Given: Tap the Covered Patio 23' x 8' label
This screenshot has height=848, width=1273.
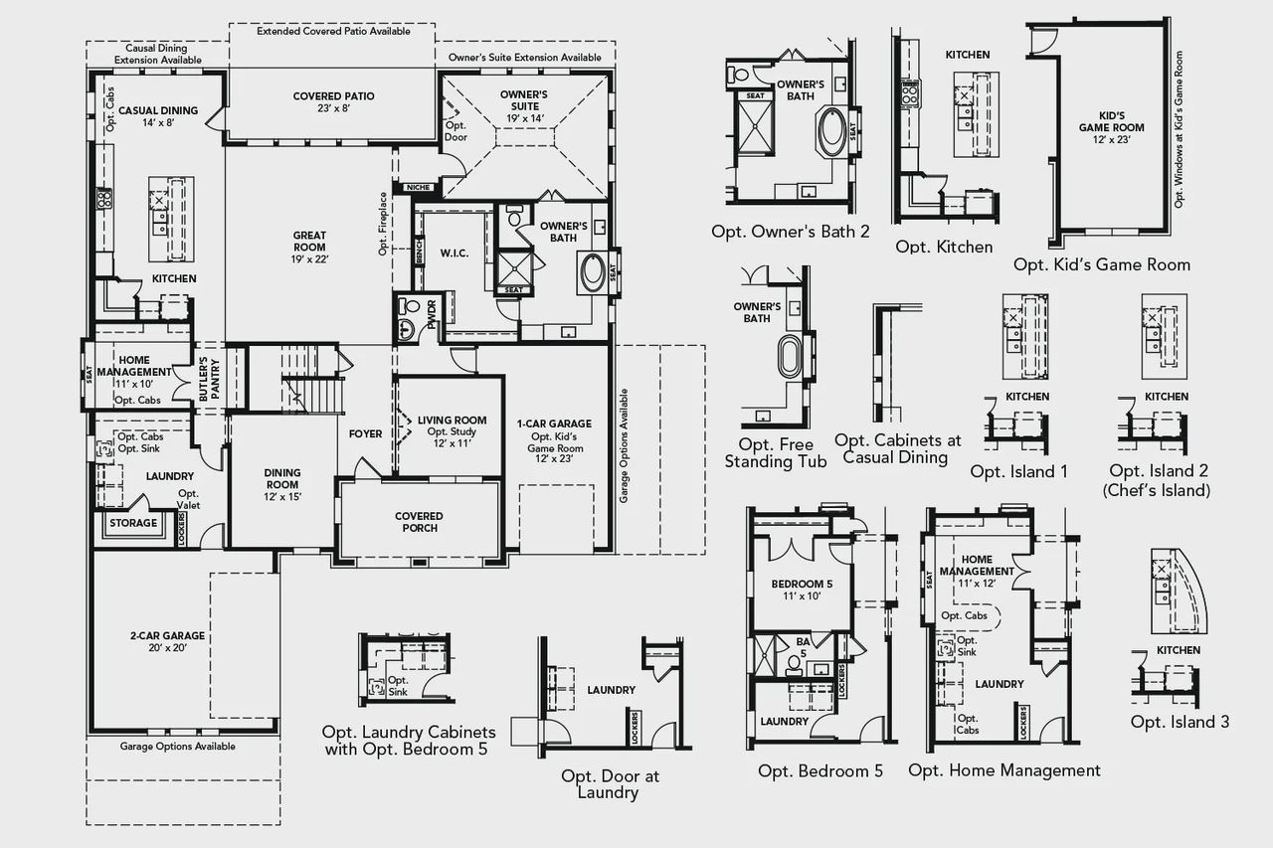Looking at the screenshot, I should pos(334,102).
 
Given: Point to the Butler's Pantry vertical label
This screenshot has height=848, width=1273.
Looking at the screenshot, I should pos(204,378).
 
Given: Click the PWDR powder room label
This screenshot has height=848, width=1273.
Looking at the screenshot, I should pos(432,315).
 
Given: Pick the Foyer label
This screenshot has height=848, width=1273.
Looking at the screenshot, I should pos(365,433).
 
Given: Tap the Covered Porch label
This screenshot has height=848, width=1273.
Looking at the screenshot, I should pos(419,522).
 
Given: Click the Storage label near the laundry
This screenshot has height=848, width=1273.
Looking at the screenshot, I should pos(133,523).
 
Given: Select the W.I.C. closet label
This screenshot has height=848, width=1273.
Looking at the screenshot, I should pos(453,252).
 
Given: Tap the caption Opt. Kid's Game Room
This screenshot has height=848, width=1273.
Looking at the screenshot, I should pos(1101,264).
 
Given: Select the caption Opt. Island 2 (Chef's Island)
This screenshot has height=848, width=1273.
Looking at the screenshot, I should pos(1159,480).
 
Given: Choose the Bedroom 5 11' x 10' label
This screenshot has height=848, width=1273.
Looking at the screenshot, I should pos(801,590).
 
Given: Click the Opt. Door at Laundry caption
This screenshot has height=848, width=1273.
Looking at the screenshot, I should pos(610,783).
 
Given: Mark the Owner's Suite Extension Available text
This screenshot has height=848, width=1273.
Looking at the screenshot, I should pos(524,58).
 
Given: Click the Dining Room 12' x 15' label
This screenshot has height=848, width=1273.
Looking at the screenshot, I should pos(281,484).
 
